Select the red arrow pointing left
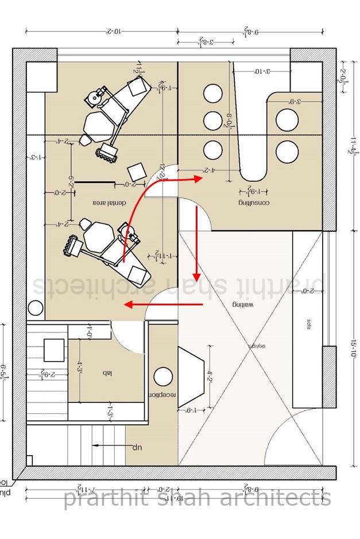tap(164, 304)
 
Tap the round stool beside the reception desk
tap(164, 377)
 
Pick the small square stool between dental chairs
tap(136, 171)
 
